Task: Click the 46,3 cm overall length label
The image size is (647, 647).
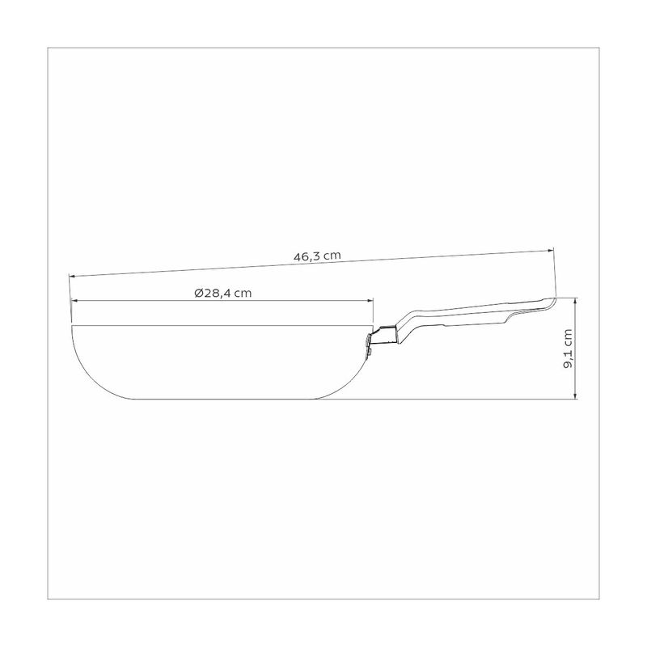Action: pyautogui.click(x=317, y=256)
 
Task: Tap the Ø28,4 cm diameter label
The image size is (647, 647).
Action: pyautogui.click(x=223, y=293)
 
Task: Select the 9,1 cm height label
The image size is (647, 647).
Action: pyautogui.click(x=568, y=349)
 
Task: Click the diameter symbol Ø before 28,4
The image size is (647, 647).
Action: pyautogui.click(x=198, y=293)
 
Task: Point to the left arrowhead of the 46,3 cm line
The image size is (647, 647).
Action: pyautogui.click(x=72, y=276)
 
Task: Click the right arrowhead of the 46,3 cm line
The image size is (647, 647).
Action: pyautogui.click(x=550, y=250)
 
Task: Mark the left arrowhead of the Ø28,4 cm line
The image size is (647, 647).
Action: pyautogui.click(x=74, y=301)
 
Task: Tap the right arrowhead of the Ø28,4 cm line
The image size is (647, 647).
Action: pyautogui.click(x=370, y=301)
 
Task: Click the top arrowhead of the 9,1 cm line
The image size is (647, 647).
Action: pyautogui.click(x=576, y=301)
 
